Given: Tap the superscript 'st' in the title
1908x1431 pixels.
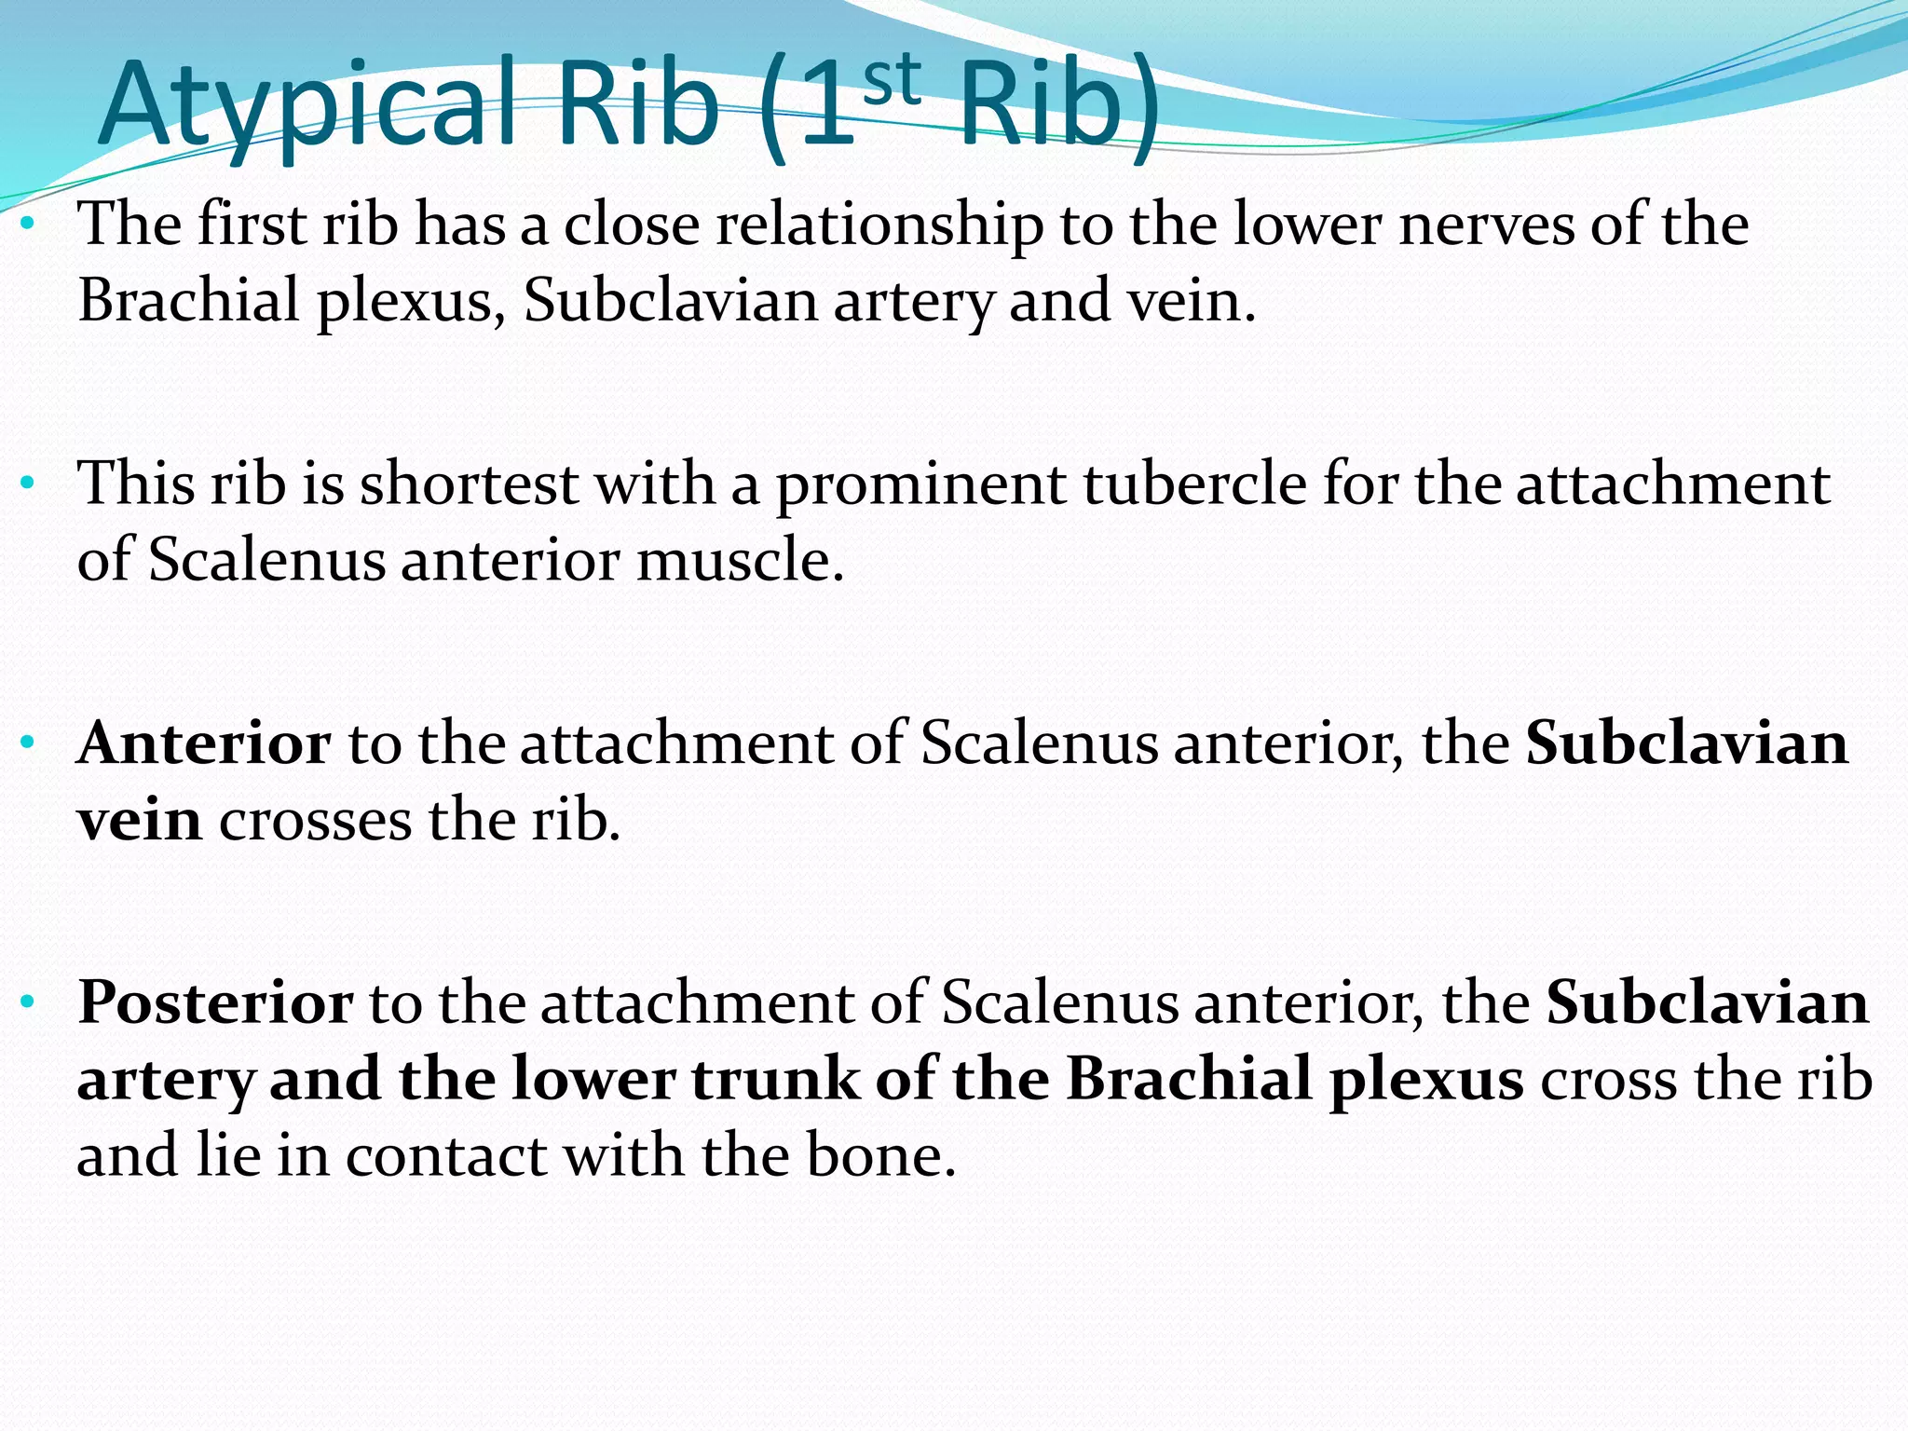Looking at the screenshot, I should [892, 81].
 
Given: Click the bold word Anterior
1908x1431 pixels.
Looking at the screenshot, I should [204, 745].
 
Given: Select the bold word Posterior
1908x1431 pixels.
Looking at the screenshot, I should [215, 1004].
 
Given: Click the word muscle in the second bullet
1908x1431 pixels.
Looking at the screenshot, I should [740, 562].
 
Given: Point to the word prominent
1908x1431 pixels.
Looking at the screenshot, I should [920, 485].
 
